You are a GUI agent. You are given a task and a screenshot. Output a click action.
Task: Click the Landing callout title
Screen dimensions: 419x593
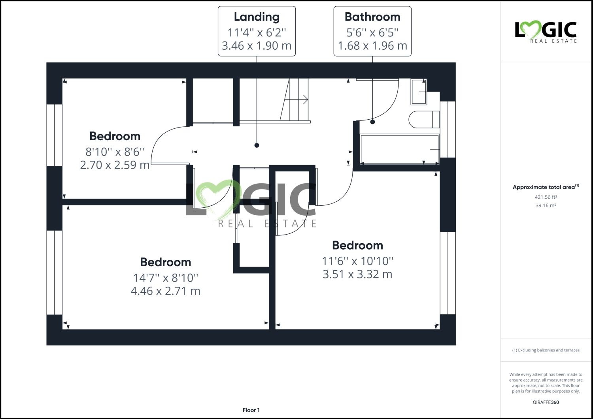257,17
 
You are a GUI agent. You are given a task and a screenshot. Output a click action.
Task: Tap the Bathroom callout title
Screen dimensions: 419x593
372,17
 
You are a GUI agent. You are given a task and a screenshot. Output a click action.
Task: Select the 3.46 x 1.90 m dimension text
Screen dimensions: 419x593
257,46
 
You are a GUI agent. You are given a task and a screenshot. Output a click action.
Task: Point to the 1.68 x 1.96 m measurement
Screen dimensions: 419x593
372,46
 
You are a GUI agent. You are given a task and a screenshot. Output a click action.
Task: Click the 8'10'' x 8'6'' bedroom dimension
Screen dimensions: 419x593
115,152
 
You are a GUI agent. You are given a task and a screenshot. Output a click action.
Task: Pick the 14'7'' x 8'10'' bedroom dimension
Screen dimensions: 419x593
166,278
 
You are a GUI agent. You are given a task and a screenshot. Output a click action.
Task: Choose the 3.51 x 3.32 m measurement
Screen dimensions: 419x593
357,274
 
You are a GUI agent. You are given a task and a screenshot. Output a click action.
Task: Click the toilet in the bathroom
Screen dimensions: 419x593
423,119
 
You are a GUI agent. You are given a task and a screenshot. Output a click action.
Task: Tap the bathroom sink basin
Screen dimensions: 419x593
419,92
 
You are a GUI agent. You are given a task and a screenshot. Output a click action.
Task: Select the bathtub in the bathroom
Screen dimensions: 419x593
399,149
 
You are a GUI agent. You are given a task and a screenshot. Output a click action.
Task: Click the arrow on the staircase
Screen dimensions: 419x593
305,100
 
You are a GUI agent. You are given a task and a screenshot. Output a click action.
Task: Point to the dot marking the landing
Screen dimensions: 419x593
257,145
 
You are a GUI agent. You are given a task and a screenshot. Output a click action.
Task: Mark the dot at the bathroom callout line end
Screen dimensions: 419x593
372,122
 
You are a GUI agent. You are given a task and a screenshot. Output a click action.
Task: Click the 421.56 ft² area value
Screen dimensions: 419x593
546,197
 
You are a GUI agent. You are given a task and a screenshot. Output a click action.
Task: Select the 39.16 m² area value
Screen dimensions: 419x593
546,205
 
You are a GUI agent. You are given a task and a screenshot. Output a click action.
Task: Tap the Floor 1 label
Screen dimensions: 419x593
251,410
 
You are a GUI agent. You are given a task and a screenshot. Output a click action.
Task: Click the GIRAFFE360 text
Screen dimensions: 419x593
546,402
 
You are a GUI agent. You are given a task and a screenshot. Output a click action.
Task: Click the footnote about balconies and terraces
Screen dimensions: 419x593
546,350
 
